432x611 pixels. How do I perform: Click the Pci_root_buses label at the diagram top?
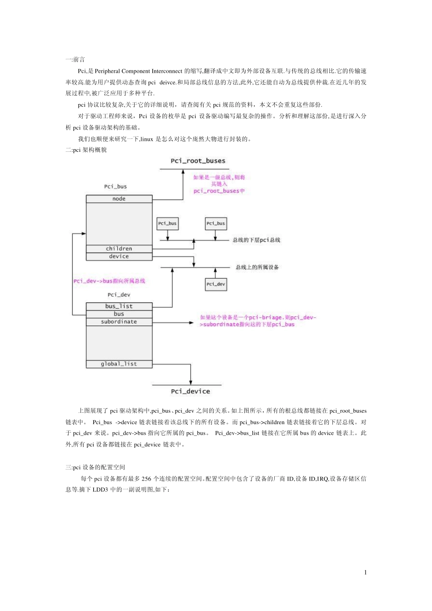tap(198, 161)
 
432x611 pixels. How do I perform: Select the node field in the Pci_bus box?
tap(119, 199)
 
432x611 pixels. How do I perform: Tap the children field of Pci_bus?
tap(119, 249)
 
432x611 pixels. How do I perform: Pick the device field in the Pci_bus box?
tap(119, 256)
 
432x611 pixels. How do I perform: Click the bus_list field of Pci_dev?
tap(119, 306)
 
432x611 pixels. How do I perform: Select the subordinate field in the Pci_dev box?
tap(119, 322)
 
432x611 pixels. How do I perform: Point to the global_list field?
tap(119, 364)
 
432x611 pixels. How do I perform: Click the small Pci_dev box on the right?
tap(216, 284)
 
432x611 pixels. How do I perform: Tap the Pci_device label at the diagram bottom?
tap(191, 391)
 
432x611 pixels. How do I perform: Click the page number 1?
tap(365, 572)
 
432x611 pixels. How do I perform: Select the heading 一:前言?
tap(75, 60)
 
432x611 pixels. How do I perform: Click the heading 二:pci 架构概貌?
tap(86, 150)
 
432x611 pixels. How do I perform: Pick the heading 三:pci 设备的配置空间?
tap(95, 467)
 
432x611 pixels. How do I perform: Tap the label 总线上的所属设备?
tap(257, 267)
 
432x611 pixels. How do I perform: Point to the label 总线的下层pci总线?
tap(256, 240)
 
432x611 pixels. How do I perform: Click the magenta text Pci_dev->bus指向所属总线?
tap(109, 281)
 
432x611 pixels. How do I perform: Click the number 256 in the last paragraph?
tap(146, 479)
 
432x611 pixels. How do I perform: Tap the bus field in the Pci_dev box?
tap(119, 314)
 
